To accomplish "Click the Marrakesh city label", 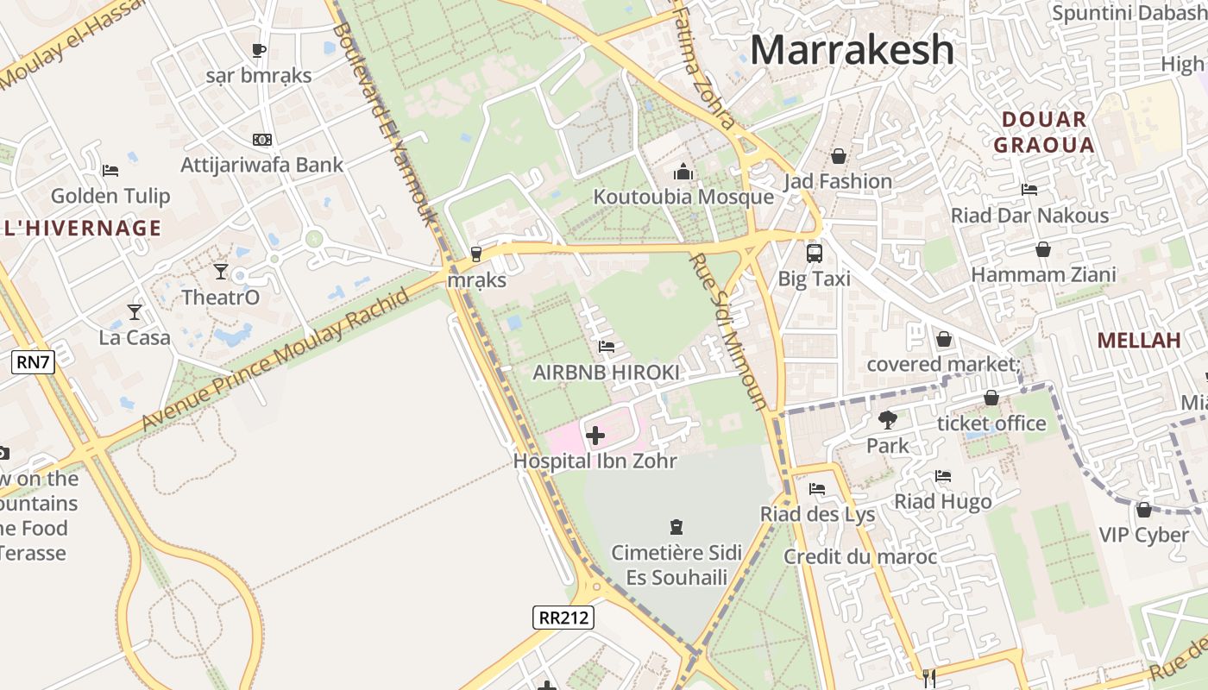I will click(x=852, y=49).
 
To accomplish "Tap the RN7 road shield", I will click(x=33, y=362).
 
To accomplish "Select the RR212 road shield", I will click(x=563, y=618).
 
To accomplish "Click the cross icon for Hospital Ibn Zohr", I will click(x=595, y=436).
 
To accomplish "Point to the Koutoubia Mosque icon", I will click(x=683, y=172).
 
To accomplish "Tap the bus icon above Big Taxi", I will click(x=814, y=254).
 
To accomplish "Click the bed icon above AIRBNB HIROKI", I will click(x=607, y=347).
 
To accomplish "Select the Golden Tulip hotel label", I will click(x=110, y=196).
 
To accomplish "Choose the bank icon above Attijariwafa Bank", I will click(x=262, y=139).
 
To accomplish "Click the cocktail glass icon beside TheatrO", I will click(x=221, y=272).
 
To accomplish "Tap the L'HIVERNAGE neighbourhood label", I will click(x=82, y=228).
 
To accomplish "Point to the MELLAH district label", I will click(x=1139, y=340).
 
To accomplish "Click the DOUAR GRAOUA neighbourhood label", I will click(x=1043, y=132).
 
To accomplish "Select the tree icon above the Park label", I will click(x=887, y=420).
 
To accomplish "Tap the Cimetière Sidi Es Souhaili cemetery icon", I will click(x=676, y=526).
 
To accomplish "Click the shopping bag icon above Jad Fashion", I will click(x=838, y=156).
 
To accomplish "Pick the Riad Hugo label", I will click(x=942, y=501).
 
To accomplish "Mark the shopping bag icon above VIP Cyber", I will click(x=1144, y=510).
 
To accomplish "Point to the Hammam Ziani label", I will click(x=1043, y=275).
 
